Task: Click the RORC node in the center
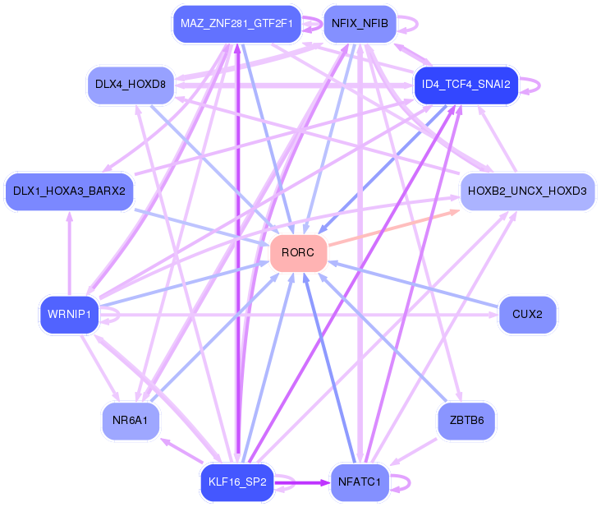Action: coord(298,252)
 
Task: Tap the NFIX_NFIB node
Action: coord(360,25)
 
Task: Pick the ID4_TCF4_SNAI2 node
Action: coord(466,85)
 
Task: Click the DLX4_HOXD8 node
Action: coord(131,85)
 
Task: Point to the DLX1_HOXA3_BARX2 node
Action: coord(69,191)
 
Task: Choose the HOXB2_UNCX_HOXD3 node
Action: coord(527,191)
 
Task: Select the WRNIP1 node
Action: coord(69,314)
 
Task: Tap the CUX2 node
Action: coord(527,314)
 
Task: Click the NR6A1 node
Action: coord(131,421)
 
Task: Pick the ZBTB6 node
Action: coord(466,421)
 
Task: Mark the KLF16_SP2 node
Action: coord(236,482)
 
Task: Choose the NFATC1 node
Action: coord(359,482)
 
